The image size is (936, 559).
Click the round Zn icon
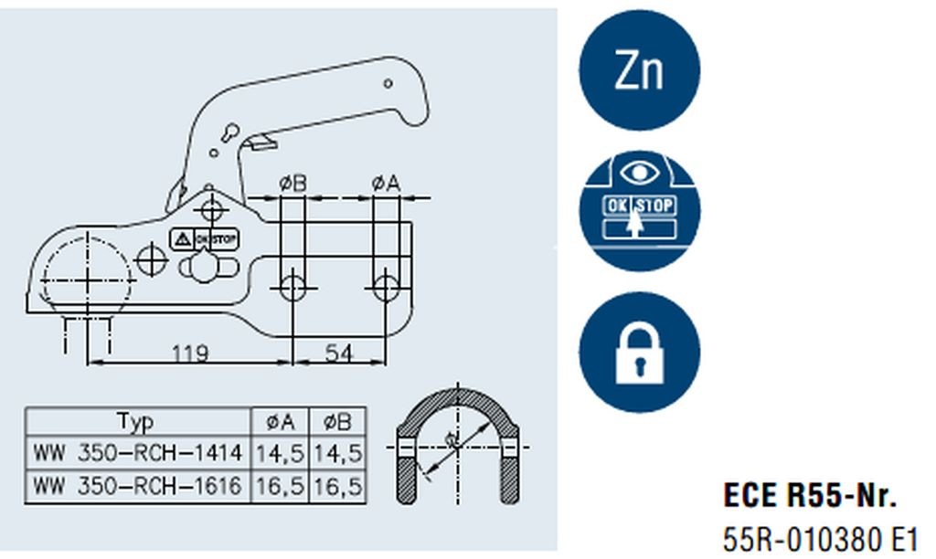tap(639, 69)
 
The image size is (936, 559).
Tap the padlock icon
tap(639, 352)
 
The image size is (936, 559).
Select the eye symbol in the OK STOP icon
tap(639, 173)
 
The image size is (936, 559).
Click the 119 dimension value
tap(190, 353)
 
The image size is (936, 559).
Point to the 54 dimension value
tap(338, 353)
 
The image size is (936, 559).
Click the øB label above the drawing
tap(292, 184)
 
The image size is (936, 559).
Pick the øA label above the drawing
tap(386, 184)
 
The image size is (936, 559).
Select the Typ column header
tap(135, 422)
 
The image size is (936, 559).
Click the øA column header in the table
tap(280, 422)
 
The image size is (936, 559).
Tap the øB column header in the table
tap(337, 422)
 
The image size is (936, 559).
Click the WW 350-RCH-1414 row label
tap(138, 453)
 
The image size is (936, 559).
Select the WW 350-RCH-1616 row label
tap(138, 486)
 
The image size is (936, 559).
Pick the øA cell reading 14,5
tap(280, 454)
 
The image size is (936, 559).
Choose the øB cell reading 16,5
tap(337, 487)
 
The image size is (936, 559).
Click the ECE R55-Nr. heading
tap(810, 495)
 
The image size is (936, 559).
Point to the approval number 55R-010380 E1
tap(820, 540)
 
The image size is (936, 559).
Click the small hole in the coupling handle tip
tap(388, 83)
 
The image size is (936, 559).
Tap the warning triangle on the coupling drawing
tap(182, 240)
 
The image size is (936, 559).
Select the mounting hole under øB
tap(292, 288)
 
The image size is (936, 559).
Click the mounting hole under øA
tap(386, 288)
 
